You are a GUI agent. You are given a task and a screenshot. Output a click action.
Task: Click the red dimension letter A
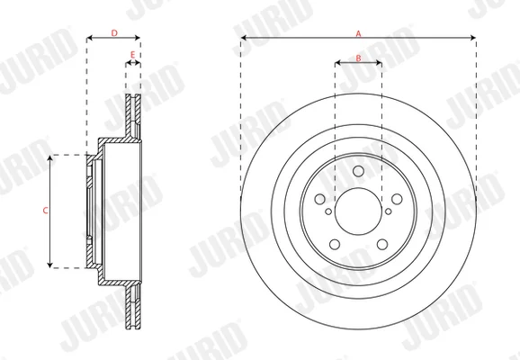click(358, 33)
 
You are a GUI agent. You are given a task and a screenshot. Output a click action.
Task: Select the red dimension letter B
click(358, 58)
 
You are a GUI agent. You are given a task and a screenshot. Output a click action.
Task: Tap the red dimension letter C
click(46, 211)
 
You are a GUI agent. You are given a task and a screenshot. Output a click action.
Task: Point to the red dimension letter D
click(114, 33)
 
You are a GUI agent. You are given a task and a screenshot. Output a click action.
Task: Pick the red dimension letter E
click(132, 55)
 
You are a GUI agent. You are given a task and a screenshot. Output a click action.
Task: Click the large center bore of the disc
click(358, 211)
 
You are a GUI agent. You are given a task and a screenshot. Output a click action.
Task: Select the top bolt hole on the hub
click(358, 171)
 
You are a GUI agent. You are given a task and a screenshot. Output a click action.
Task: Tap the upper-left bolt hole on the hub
click(320, 199)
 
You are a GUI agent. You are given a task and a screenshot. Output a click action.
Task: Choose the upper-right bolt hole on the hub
click(397, 199)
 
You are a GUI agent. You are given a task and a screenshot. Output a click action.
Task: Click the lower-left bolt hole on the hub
click(335, 244)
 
